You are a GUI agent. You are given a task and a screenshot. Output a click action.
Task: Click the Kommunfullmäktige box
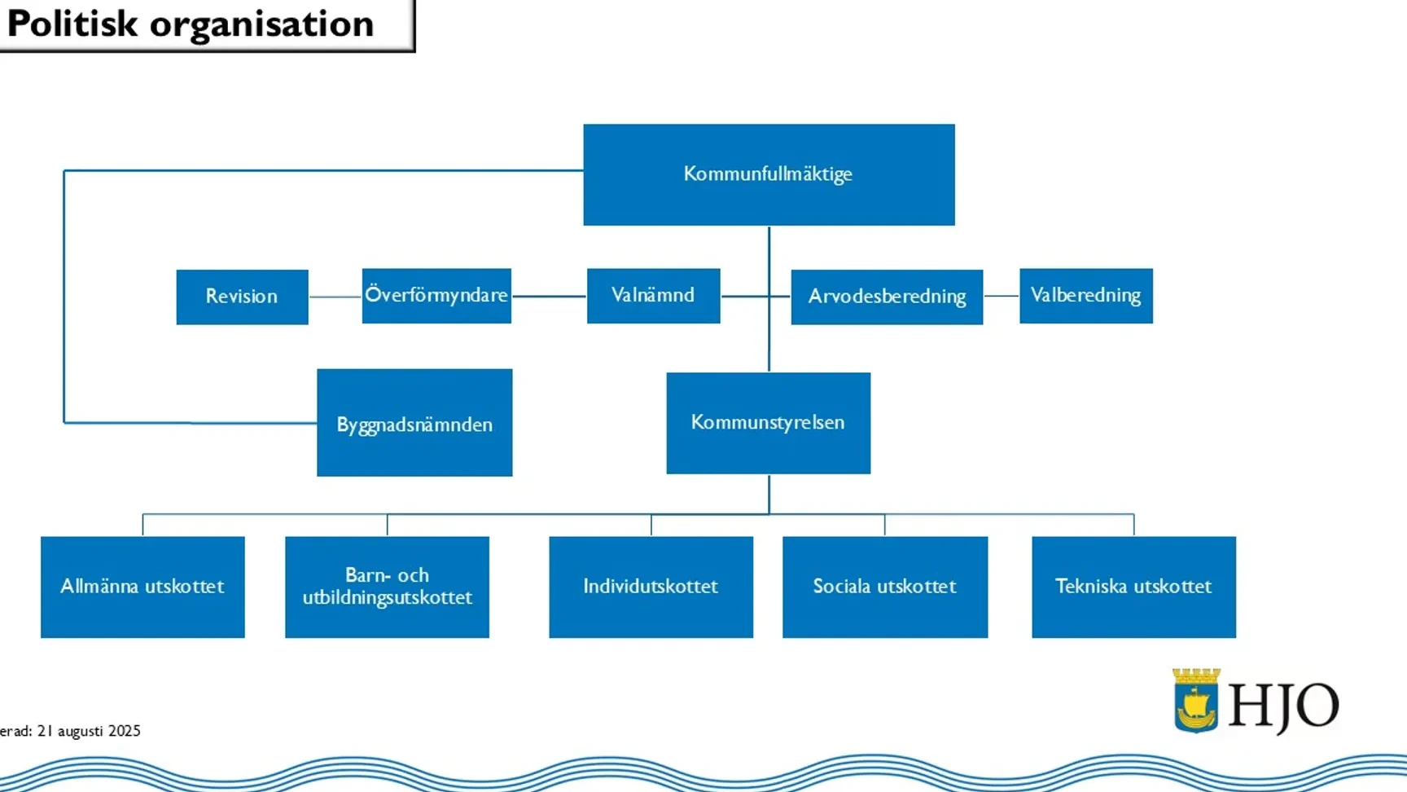pos(769,174)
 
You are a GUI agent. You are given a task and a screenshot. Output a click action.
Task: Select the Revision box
pos(242,297)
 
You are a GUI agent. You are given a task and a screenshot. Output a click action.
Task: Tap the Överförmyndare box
pos(436,296)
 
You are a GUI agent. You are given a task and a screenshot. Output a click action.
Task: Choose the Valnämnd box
pos(653,296)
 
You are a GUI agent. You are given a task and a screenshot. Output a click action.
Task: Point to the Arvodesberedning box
pos(887,297)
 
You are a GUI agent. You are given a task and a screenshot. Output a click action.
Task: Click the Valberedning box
pos(1086,296)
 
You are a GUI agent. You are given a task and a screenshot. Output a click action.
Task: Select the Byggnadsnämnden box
pos(414,422)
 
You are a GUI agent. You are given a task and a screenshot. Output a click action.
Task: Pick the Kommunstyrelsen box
pos(768,423)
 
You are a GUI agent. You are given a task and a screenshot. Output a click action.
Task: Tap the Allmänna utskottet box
pos(142,587)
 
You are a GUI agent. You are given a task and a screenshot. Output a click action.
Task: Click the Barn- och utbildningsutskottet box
pos(387,587)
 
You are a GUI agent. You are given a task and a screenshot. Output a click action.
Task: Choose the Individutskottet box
pos(651,587)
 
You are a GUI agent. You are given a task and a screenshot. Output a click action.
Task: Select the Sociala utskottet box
pos(885,587)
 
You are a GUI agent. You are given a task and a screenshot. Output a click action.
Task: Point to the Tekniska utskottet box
pos(1133,587)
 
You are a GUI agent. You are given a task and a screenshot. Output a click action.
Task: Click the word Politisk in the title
pos(72,24)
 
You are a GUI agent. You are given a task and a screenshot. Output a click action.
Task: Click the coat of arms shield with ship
pos(1196,702)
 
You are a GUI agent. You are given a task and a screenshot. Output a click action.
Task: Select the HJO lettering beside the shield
pos(1283,706)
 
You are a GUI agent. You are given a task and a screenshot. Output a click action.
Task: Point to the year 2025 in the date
pos(125,731)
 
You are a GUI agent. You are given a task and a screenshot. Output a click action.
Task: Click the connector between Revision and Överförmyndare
pos(335,297)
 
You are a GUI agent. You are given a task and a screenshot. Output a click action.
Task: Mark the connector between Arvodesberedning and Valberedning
pos(1002,296)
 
